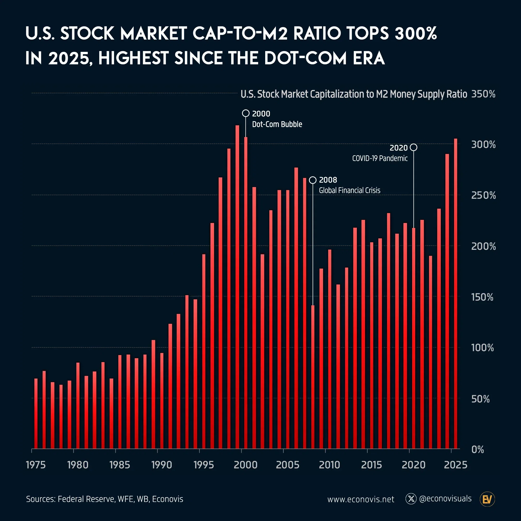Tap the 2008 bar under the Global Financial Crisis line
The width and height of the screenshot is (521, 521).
pyautogui.click(x=313, y=377)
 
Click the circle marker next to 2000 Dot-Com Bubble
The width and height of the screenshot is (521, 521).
pyautogui.click(x=246, y=113)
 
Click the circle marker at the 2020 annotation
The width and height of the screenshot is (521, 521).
pyautogui.click(x=413, y=147)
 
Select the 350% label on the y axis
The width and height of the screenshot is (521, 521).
pyautogui.click(x=483, y=94)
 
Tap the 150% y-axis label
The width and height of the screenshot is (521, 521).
pyautogui.click(x=482, y=297)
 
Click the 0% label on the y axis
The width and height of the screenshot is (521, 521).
pyautogui.click(x=477, y=450)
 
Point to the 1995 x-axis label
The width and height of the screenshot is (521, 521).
pyautogui.click(x=204, y=465)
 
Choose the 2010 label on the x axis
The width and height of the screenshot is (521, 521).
pyautogui.click(x=329, y=465)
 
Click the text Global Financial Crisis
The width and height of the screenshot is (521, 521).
pyautogui.click(x=350, y=190)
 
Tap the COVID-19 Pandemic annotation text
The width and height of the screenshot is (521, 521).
pyautogui.click(x=380, y=158)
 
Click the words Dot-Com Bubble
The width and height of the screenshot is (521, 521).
pyautogui.click(x=277, y=124)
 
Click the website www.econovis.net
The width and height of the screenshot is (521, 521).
pyautogui.click(x=361, y=499)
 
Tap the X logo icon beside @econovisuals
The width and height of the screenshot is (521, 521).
pyautogui.click(x=411, y=499)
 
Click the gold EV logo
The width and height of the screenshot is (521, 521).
pyautogui.click(x=487, y=499)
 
